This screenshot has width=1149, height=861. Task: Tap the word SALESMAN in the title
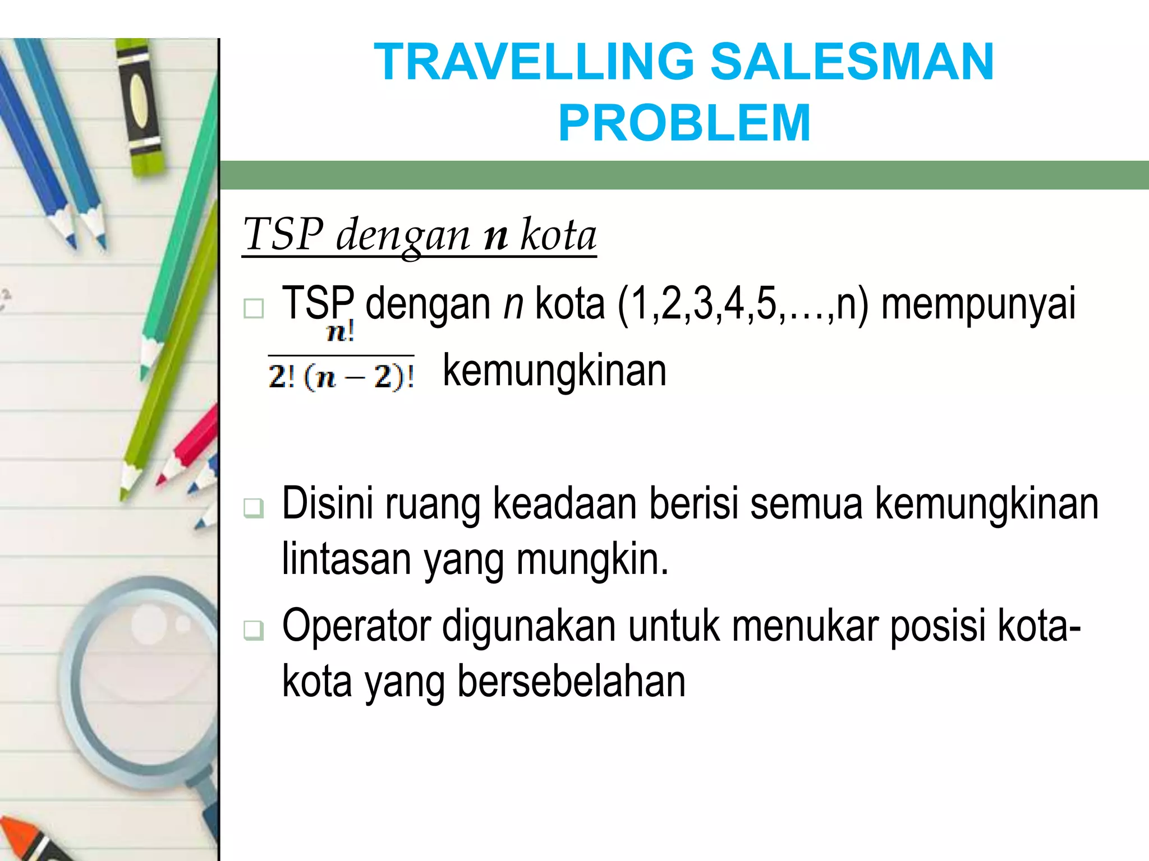(x=852, y=62)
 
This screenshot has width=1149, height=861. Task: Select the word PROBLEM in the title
(x=684, y=124)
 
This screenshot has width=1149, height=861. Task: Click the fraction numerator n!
(x=341, y=332)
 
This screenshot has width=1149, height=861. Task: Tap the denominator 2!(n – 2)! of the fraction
(x=341, y=376)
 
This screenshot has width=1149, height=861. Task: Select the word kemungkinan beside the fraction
(x=554, y=371)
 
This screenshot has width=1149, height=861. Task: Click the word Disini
(x=327, y=504)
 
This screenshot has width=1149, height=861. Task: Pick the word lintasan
(x=347, y=559)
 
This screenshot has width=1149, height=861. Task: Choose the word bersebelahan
(x=571, y=682)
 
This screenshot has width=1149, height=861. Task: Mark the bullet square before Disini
(x=254, y=507)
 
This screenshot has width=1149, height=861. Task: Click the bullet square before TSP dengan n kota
(x=254, y=308)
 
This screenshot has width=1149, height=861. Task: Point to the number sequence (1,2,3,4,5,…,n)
(x=742, y=304)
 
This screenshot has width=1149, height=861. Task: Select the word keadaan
(x=564, y=504)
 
